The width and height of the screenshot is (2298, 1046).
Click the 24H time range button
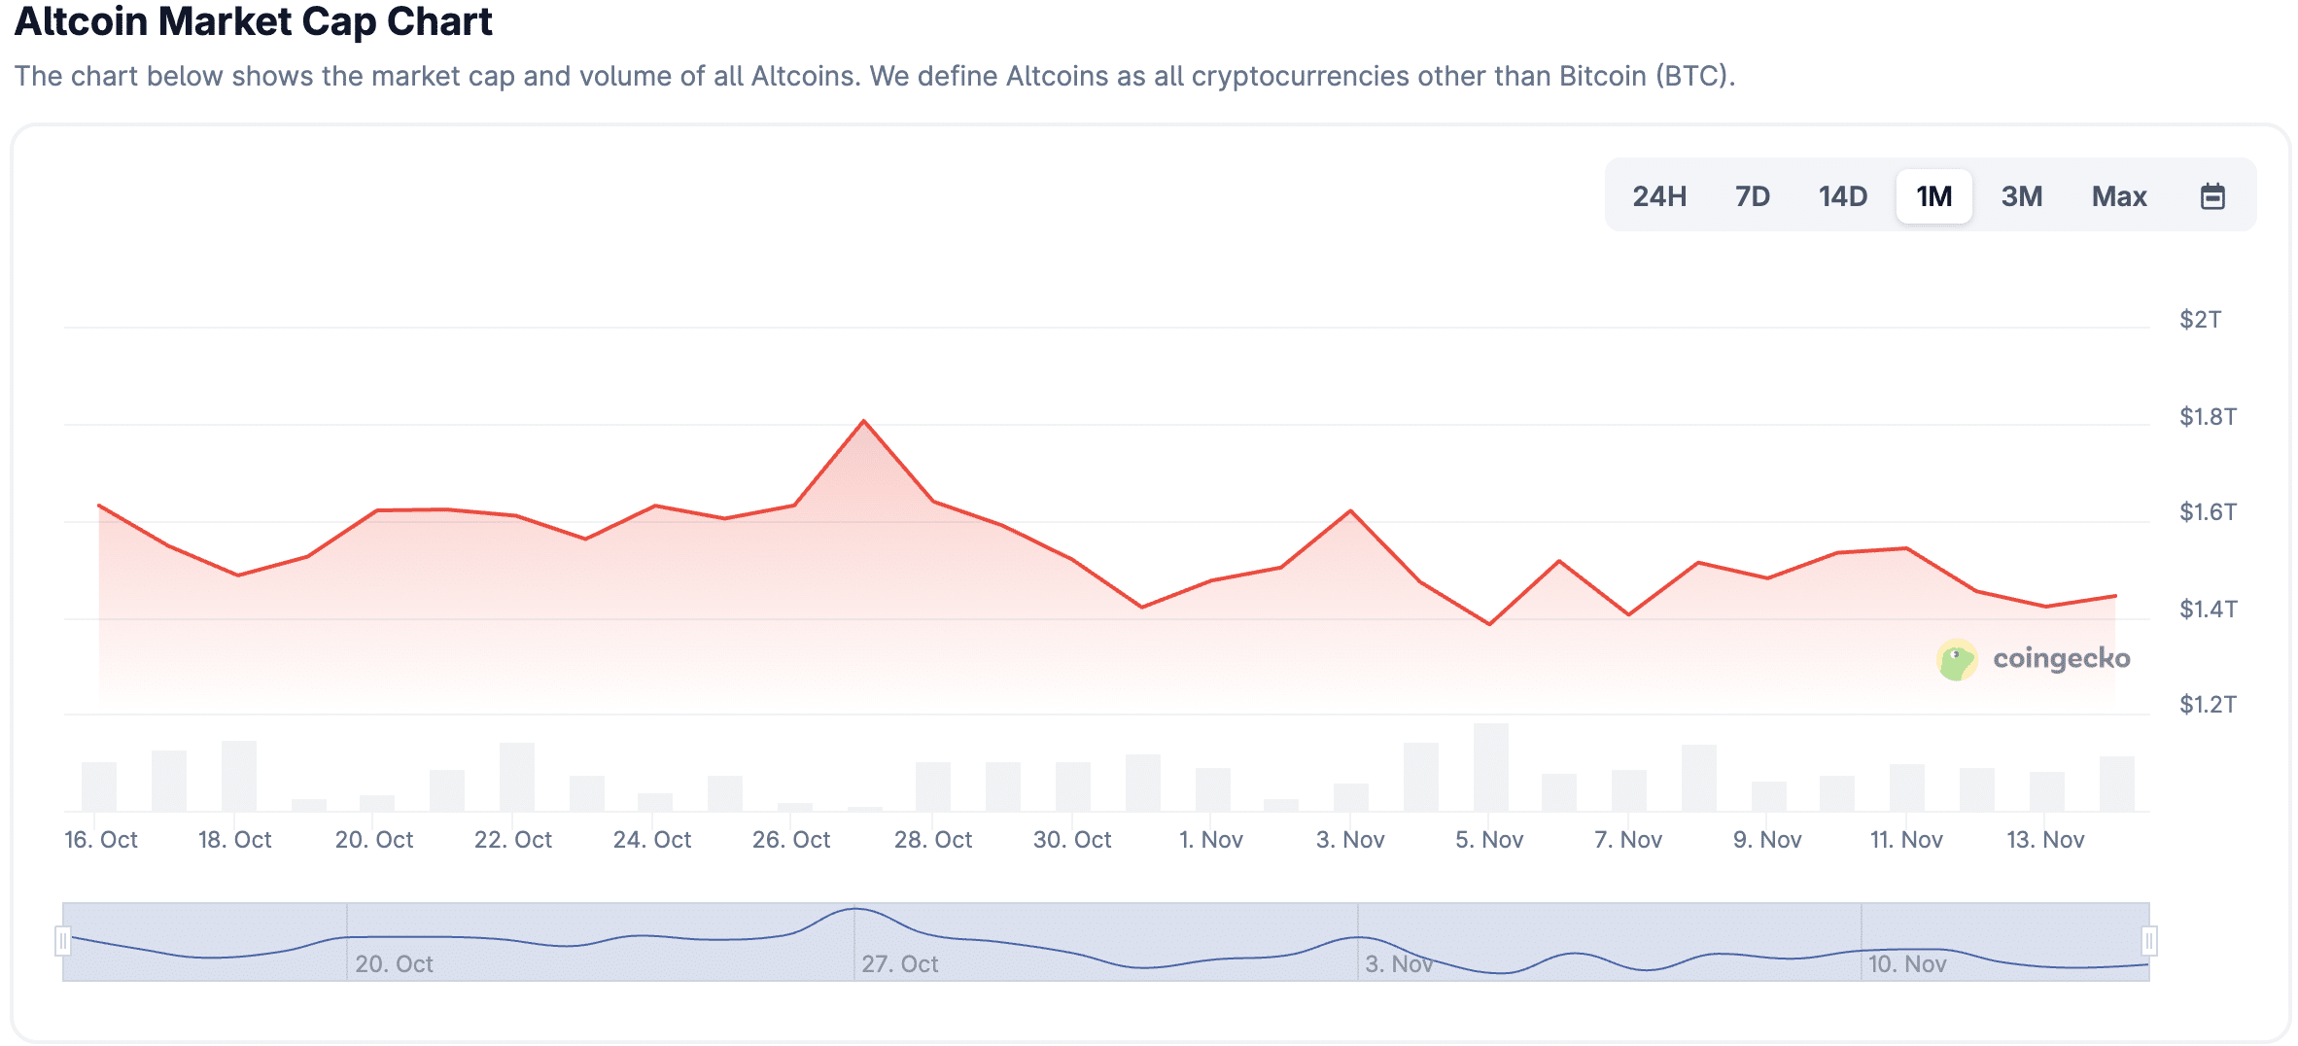point(1659,196)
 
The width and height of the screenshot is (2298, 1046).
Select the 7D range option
point(1752,196)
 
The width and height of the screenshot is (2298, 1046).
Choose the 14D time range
point(1842,196)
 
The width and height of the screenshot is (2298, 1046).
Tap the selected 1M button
point(1933,196)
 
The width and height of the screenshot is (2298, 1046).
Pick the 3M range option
point(2021,196)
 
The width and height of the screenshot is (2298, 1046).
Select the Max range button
point(2118,196)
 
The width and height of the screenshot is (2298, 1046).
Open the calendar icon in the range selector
point(2212,196)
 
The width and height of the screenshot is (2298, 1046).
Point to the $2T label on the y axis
point(2200,320)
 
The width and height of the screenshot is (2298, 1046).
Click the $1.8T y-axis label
point(2208,417)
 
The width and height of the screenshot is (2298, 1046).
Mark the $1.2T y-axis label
point(2208,705)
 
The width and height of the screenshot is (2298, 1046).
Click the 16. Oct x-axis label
point(101,840)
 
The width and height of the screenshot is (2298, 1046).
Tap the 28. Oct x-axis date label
point(933,840)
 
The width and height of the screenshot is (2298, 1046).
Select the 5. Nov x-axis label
point(1489,840)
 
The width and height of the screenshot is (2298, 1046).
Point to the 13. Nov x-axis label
point(2045,840)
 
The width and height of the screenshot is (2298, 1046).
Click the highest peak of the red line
point(864,422)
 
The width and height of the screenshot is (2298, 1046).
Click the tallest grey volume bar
point(1490,768)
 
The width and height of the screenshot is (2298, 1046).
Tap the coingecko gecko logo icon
point(1957,660)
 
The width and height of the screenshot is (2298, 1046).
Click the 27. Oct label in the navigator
point(899,964)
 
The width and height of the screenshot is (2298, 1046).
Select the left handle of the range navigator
point(63,941)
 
